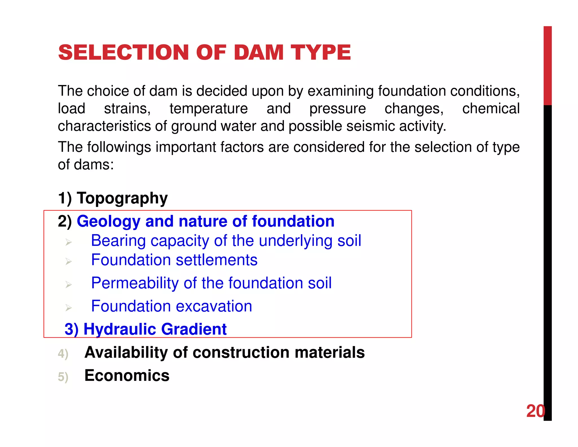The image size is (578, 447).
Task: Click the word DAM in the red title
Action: click(x=259, y=53)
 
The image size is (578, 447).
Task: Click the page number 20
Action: click(x=535, y=411)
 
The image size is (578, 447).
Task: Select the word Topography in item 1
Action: click(x=122, y=198)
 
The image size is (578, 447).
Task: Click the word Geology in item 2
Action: click(x=108, y=221)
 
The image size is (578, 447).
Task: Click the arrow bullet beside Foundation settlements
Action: click(x=68, y=261)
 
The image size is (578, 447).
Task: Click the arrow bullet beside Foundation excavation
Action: click(x=68, y=307)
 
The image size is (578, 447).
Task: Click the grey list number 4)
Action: click(x=63, y=353)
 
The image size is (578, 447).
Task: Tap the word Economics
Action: click(x=127, y=376)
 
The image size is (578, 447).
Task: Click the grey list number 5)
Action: click(x=63, y=377)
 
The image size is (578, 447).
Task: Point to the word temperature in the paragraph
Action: click(x=209, y=109)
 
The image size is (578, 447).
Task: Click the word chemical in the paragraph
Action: click(x=491, y=109)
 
